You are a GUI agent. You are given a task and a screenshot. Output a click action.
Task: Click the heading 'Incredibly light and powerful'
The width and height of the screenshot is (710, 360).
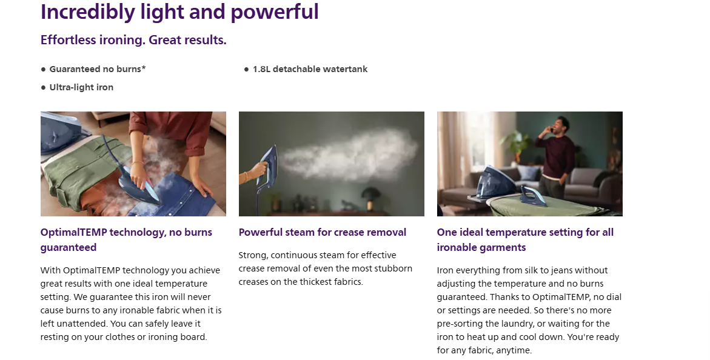tap(179, 12)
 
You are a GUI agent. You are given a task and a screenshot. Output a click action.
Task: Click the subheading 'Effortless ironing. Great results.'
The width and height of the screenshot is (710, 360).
tap(133, 40)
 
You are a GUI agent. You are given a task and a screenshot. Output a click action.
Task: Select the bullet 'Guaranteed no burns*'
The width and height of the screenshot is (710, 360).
tap(98, 69)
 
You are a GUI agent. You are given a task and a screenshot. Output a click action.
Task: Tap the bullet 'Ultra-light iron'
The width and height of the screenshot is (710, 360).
tap(81, 87)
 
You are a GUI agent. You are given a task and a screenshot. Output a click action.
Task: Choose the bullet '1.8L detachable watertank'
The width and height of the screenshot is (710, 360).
tap(310, 69)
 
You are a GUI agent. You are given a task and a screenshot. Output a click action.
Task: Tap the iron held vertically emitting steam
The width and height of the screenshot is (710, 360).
tap(267, 165)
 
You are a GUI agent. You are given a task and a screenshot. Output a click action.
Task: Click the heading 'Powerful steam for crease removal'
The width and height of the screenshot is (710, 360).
tap(323, 232)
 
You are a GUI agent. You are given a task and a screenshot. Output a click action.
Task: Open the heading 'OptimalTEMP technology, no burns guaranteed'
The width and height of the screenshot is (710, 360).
tap(126, 239)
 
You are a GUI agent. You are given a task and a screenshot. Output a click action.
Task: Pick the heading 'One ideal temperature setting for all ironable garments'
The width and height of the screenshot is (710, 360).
tap(525, 239)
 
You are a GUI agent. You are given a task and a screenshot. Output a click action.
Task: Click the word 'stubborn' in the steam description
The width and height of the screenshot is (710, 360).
tap(394, 268)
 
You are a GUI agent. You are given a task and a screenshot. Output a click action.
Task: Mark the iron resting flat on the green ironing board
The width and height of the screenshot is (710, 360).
tap(534, 196)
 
